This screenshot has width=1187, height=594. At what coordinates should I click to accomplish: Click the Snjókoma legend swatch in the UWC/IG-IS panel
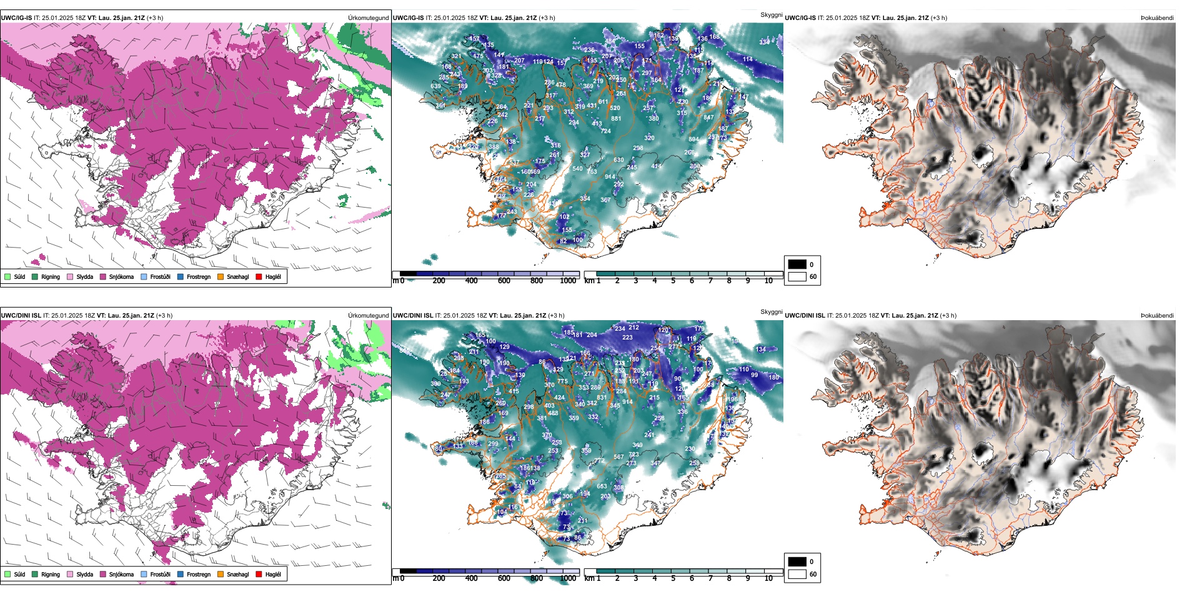coord(103,276)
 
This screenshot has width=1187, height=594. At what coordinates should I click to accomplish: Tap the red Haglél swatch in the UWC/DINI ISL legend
coord(259,574)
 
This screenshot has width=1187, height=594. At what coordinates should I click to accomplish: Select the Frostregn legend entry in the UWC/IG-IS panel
coord(181,276)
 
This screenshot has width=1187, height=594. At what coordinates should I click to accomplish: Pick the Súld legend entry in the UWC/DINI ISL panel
coord(7,574)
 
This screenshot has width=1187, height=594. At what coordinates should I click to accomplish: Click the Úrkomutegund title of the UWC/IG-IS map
coord(368,18)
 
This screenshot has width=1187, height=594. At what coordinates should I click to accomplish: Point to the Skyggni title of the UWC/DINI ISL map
coord(771,312)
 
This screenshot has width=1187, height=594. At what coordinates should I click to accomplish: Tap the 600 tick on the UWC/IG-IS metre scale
coord(504,281)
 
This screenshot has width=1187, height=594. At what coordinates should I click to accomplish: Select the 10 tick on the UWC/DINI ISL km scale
coord(768,578)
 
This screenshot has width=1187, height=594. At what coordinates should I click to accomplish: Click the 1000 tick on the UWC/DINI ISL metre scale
coord(568,578)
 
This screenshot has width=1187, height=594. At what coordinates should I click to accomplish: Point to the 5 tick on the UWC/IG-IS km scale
coord(673,281)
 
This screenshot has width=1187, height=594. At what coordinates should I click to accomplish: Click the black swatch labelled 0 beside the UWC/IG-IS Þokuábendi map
coord(797,264)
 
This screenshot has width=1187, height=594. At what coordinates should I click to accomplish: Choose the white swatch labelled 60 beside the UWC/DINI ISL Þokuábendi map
coord(797,574)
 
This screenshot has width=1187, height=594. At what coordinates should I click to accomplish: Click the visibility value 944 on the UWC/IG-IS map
coord(610,177)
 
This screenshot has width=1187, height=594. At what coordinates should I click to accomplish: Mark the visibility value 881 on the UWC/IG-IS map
coord(616,118)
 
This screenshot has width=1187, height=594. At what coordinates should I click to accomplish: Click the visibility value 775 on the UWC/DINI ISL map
coord(562,381)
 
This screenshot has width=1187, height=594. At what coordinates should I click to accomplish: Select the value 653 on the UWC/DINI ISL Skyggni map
coord(602,486)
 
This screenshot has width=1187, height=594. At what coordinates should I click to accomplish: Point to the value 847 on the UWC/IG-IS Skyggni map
coord(708,118)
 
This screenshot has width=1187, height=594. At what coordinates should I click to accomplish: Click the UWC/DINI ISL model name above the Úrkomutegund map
coord(21,316)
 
